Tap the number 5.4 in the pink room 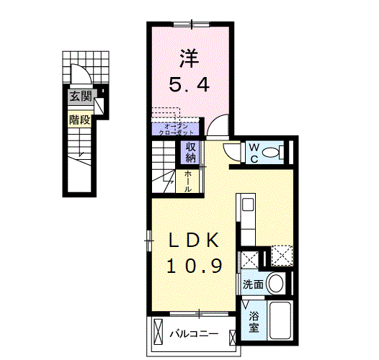point(190,85)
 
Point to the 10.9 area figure point(194,266)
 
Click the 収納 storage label point(191,152)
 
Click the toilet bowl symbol point(272,152)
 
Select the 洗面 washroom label point(251,284)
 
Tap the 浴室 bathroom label point(254,321)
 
